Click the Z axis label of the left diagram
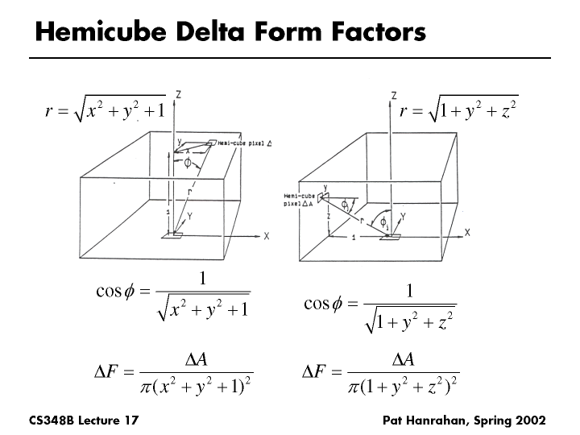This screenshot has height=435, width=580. (x=177, y=94)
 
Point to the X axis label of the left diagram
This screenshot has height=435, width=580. (x=266, y=236)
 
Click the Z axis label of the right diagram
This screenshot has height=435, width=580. (x=394, y=95)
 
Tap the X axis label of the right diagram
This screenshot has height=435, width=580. (x=467, y=233)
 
